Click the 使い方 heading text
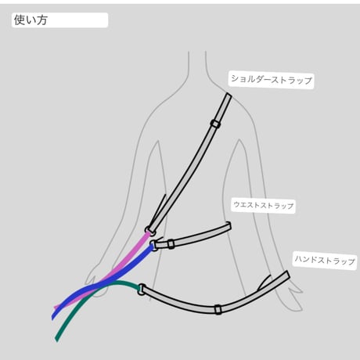[31, 20]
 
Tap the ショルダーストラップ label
[272, 79]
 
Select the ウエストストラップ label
[264, 205]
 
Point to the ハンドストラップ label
[325, 260]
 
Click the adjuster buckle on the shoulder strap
[215, 124]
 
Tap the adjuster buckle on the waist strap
[171, 244]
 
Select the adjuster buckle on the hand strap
[218, 309]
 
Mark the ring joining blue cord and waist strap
[153, 246]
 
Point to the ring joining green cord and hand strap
[140, 290]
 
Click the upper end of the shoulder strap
[228, 95]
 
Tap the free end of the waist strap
[229, 226]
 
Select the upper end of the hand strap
[287, 275]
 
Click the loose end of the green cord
[56, 340]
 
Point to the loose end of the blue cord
[53, 317]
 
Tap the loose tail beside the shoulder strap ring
[158, 209]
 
